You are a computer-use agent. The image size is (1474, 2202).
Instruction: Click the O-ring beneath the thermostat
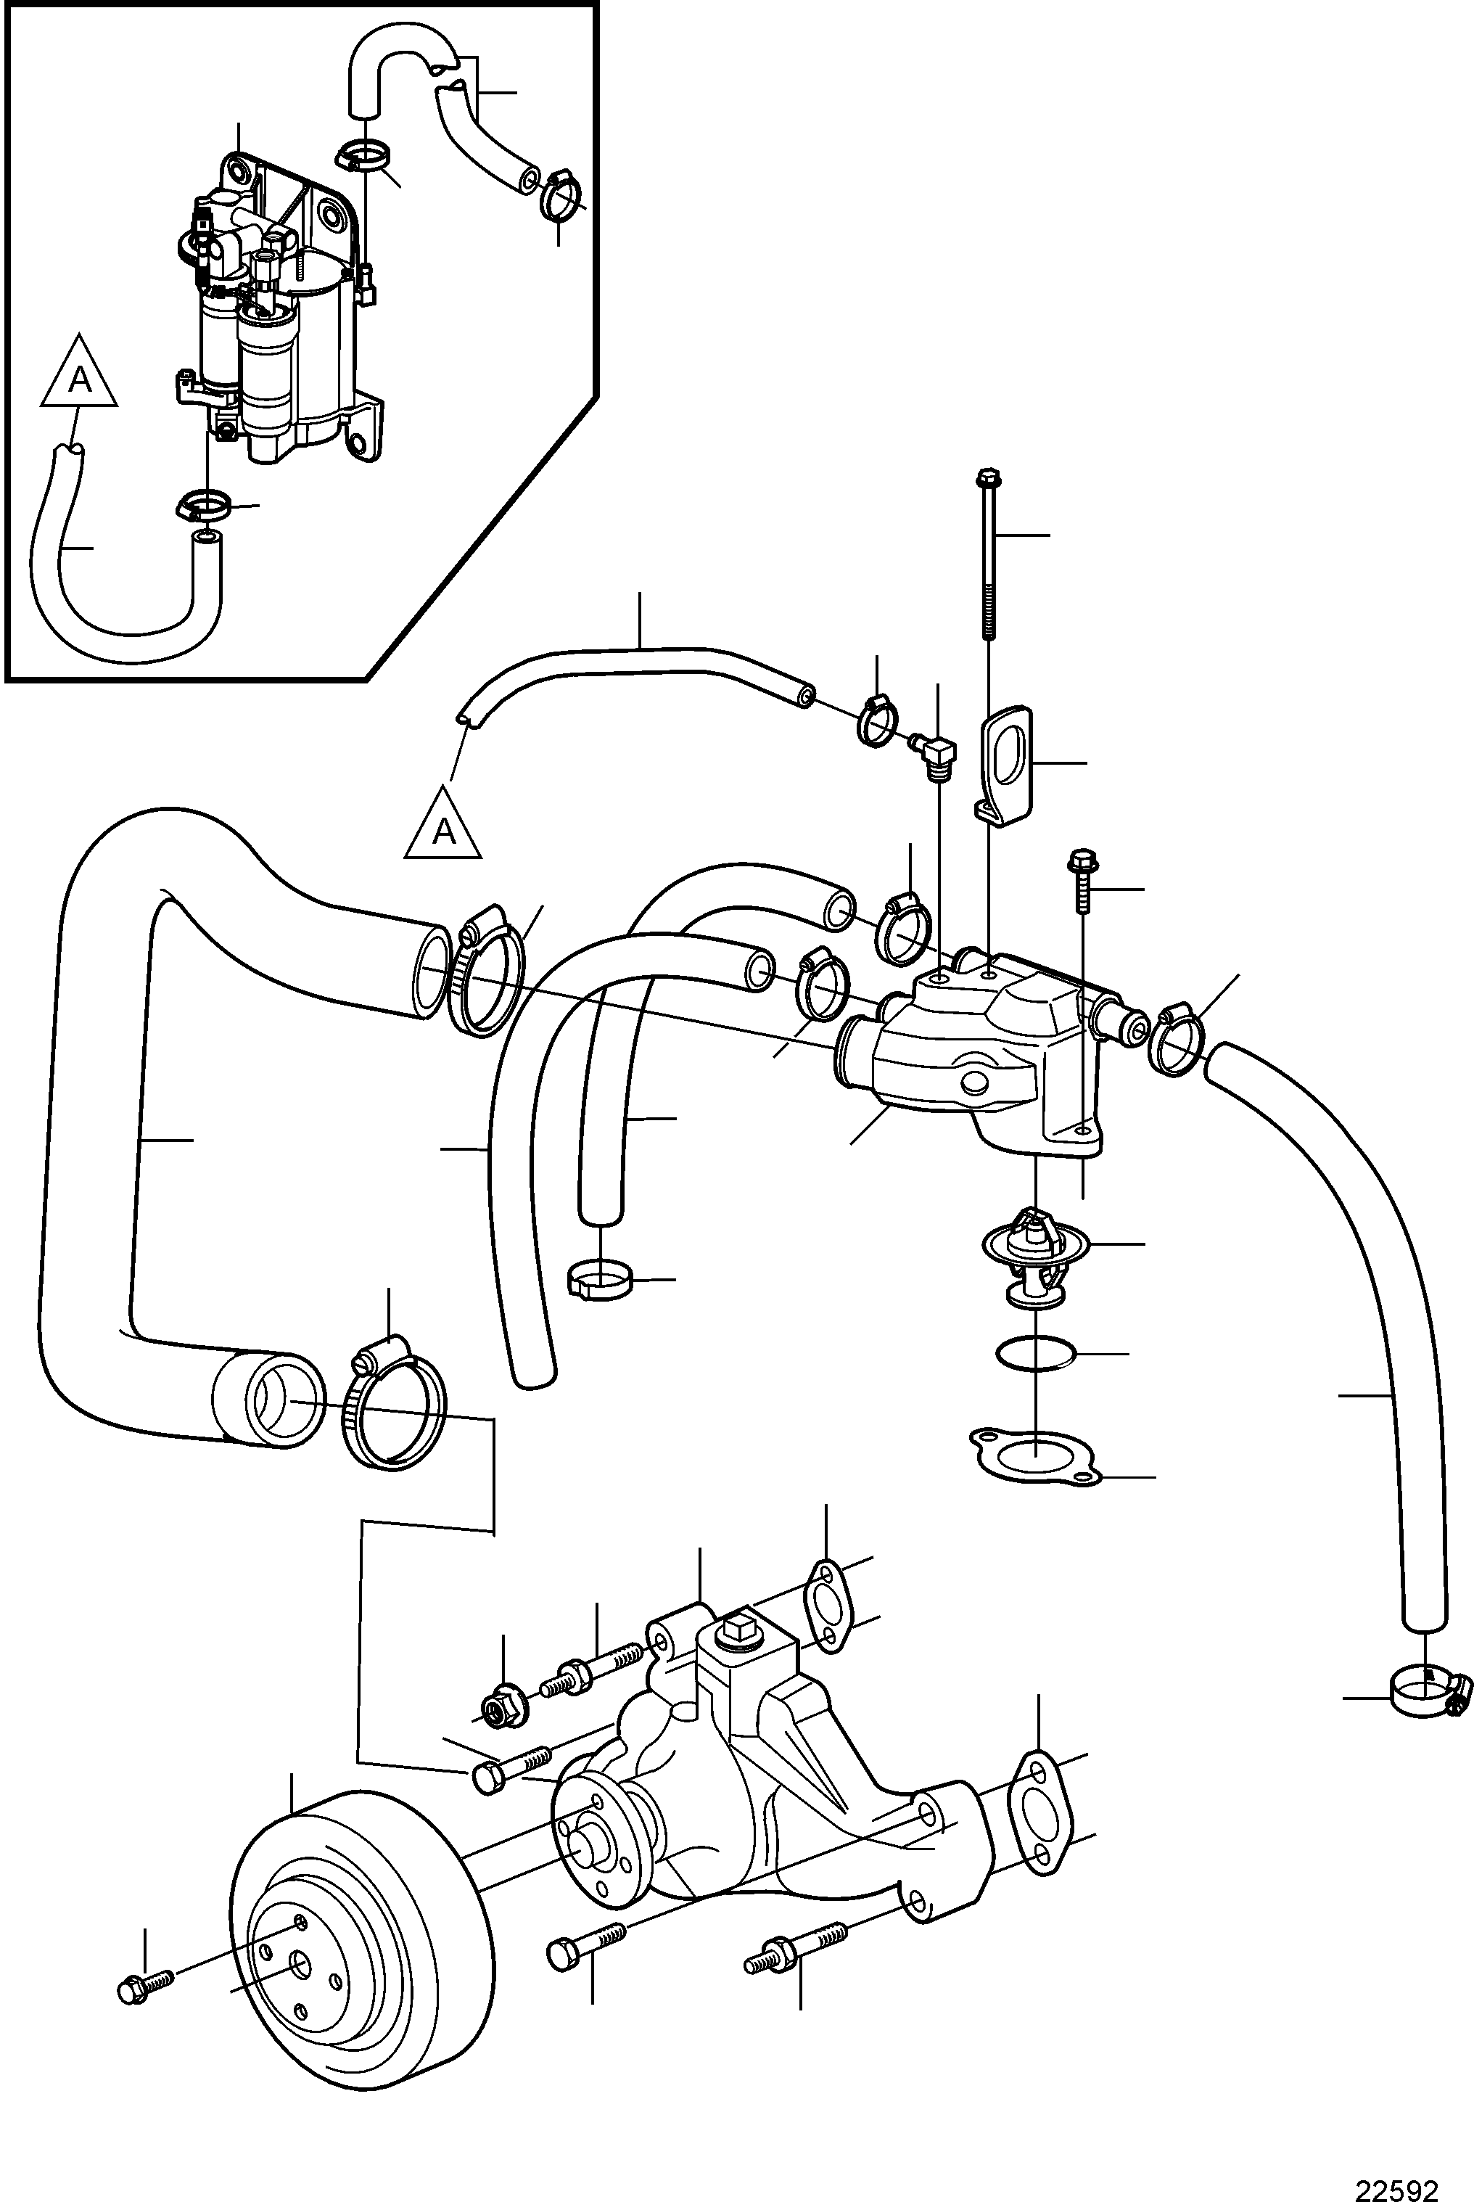point(1035,1353)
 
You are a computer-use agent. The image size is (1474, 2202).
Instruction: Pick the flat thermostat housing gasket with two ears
point(1034,1459)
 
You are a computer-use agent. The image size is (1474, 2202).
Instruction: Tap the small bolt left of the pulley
point(147,1985)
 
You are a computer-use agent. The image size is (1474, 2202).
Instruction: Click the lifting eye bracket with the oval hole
point(1005,767)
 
